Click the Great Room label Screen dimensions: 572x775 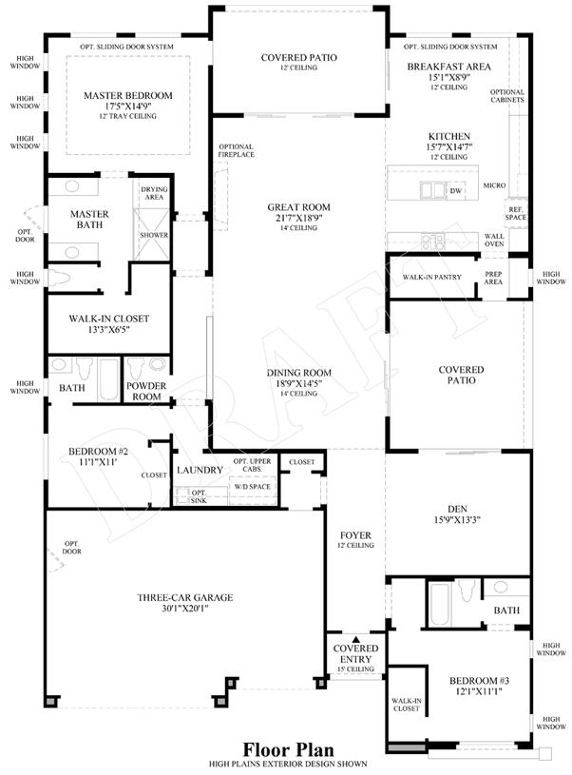[299, 207]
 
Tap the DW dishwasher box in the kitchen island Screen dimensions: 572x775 [455, 191]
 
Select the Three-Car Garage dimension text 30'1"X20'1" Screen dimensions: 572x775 [185, 609]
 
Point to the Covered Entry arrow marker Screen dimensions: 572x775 [355, 639]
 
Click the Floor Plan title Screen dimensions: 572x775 [289, 749]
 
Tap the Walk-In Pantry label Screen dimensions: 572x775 [431, 278]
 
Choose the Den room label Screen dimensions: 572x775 [457, 509]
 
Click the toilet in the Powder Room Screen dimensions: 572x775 [135, 368]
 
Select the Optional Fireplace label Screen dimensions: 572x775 [236, 151]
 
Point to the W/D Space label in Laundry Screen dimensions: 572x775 [252, 487]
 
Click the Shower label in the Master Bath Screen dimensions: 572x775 [154, 235]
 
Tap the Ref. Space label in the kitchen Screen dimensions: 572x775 [516, 214]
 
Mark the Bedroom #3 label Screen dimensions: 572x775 [479, 681]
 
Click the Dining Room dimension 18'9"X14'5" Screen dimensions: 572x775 [299, 383]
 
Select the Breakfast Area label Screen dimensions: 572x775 [449, 67]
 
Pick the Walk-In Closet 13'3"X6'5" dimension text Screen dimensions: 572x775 [108, 330]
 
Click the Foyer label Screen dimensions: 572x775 [355, 535]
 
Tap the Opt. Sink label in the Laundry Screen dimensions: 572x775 [200, 496]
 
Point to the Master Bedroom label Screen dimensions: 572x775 [128, 95]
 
